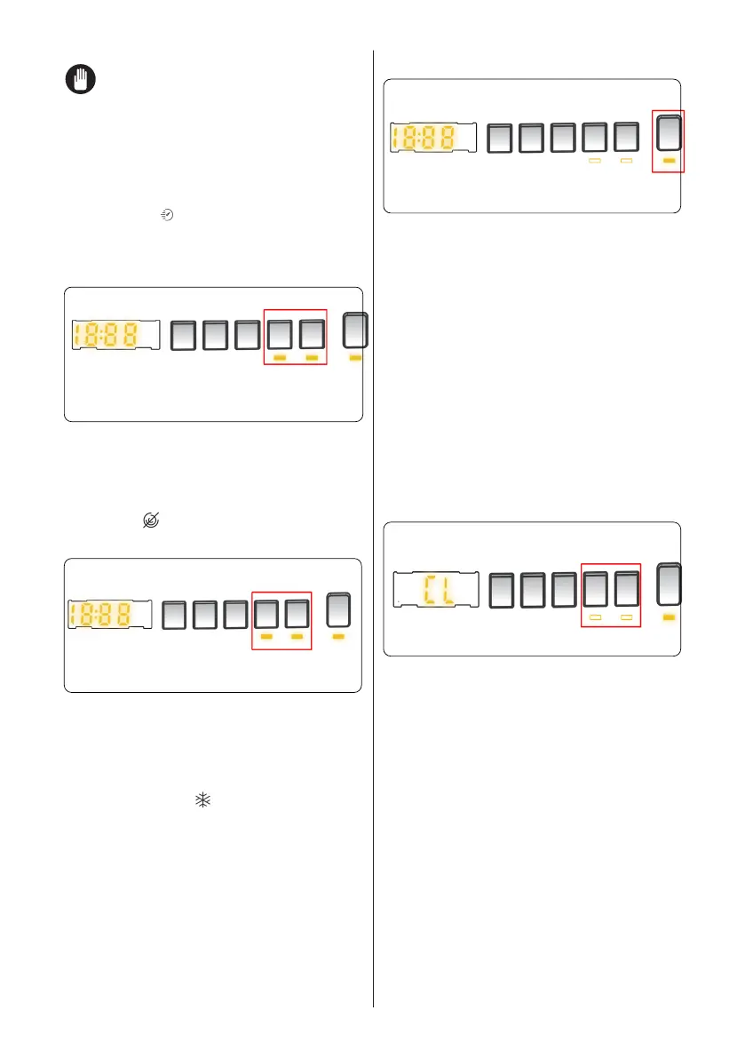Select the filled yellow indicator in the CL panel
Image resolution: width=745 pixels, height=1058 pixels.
(670, 616)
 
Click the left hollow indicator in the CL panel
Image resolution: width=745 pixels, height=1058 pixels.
(596, 616)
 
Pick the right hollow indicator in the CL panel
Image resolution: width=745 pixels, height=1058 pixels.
(627, 616)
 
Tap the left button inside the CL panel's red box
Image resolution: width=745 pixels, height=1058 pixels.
(596, 590)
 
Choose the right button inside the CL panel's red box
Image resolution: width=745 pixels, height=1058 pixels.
(628, 590)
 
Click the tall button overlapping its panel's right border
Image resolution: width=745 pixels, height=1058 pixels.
(355, 331)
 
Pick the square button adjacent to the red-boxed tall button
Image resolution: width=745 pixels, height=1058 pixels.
(627, 138)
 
